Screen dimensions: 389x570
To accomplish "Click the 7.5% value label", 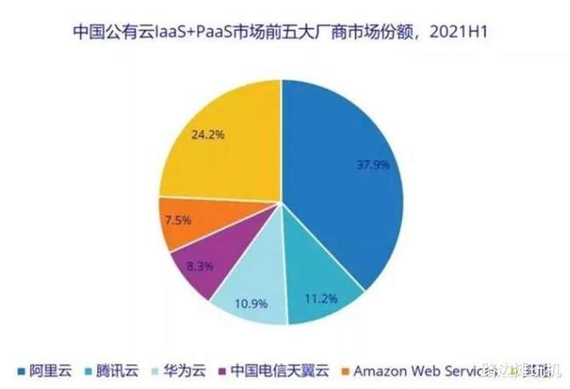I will (x=179, y=219).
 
